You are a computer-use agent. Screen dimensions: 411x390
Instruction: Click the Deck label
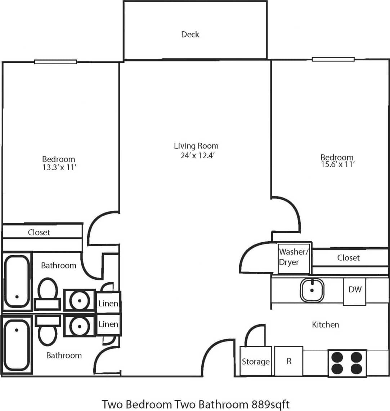click(x=190, y=35)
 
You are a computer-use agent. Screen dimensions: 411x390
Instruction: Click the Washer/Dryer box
click(x=294, y=257)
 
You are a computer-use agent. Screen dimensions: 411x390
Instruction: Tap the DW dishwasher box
click(x=355, y=290)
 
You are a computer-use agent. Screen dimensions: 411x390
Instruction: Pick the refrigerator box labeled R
click(x=288, y=361)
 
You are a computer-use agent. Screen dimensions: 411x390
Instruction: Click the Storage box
click(x=255, y=362)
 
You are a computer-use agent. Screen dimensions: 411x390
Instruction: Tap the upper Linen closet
click(x=108, y=303)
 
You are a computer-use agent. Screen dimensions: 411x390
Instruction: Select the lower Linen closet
click(x=108, y=324)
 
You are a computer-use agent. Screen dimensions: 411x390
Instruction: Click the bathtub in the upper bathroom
click(x=17, y=281)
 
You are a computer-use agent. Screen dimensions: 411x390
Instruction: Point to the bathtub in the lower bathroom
click(x=17, y=345)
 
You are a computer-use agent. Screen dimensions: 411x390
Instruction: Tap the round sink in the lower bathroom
click(x=79, y=326)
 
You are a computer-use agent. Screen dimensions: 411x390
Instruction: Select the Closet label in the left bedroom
click(x=39, y=233)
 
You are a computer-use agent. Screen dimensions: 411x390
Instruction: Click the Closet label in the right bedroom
click(x=348, y=258)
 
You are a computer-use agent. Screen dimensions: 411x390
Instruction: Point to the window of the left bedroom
click(x=55, y=62)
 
